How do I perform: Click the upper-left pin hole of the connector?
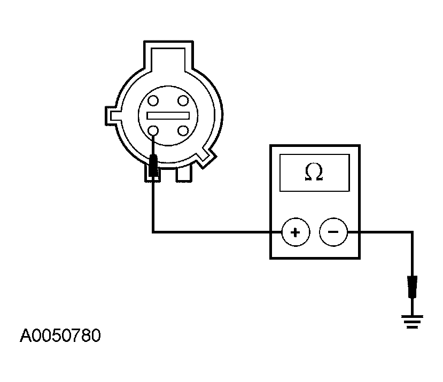(x=153, y=100)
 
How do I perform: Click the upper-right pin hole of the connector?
(x=183, y=100)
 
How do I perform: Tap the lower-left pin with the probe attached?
(x=153, y=130)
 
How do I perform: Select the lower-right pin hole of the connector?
(x=183, y=130)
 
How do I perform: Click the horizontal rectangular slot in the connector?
(x=168, y=115)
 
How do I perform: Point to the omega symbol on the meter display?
(x=314, y=172)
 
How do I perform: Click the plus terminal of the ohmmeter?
(x=296, y=232)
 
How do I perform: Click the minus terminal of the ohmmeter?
(x=333, y=232)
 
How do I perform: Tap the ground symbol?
(x=412, y=322)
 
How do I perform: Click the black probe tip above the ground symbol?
(x=412, y=287)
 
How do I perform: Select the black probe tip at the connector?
(x=153, y=166)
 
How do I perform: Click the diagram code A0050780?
(x=60, y=336)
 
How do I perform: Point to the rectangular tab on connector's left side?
(x=113, y=116)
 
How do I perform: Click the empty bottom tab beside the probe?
(x=184, y=174)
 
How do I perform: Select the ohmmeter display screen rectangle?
(x=315, y=173)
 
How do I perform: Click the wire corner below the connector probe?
(x=153, y=232)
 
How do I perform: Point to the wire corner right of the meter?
(x=412, y=232)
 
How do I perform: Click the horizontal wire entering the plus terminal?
(x=217, y=232)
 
